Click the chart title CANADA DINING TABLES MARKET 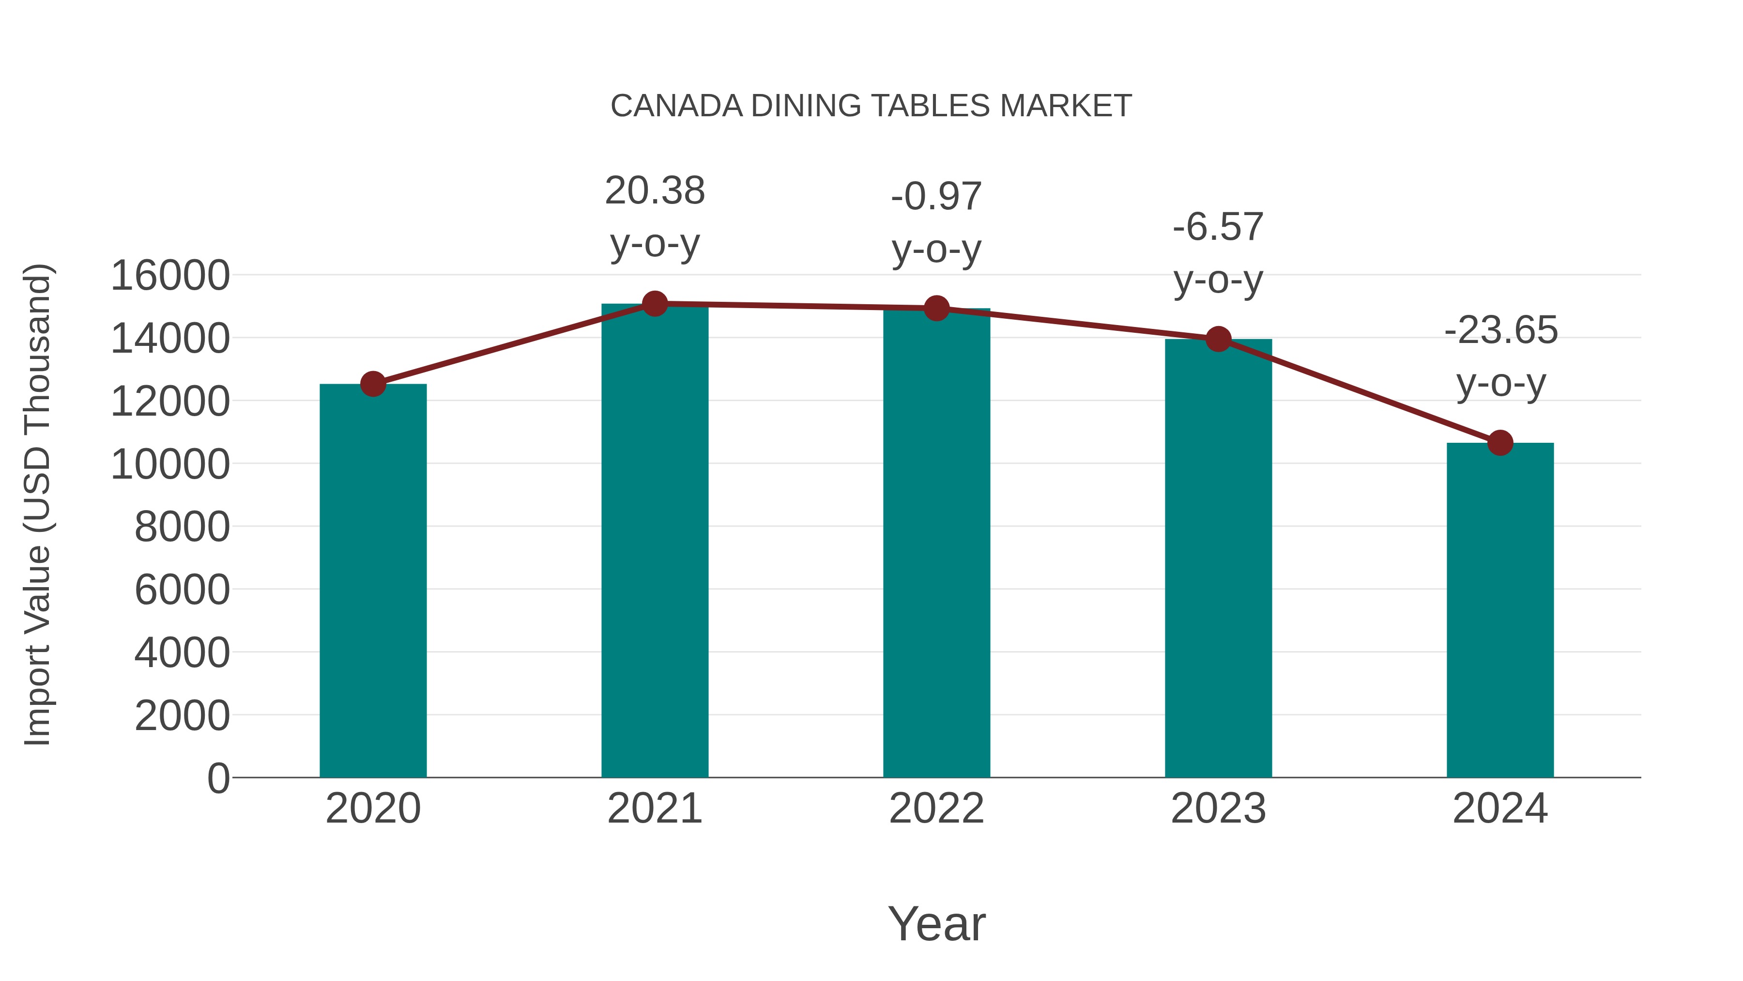pos(871,106)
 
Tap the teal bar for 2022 pos(936,542)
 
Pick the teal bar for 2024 pos(1500,609)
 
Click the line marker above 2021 pos(654,304)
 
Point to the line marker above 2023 pos(1218,339)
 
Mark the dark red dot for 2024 pos(1500,443)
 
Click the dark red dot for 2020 pos(373,384)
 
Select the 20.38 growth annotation pos(654,191)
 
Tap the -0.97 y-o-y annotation pos(936,223)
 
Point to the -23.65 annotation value pos(1500,330)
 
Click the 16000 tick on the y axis pos(170,276)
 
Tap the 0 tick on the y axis pos(218,778)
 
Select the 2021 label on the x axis pos(654,809)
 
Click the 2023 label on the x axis pos(1218,809)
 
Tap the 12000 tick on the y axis pos(170,402)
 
